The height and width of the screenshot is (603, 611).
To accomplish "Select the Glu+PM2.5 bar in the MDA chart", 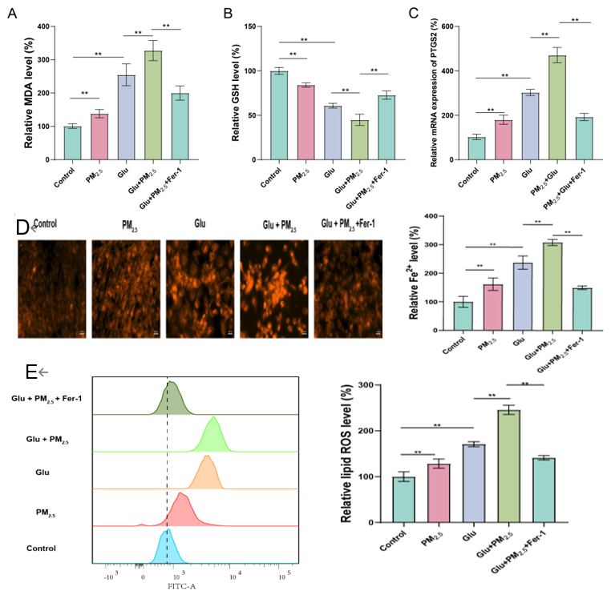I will tap(152, 104).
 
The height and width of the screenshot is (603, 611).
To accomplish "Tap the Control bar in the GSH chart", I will tap(278, 115).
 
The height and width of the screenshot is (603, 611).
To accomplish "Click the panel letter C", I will tap(435, 13).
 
